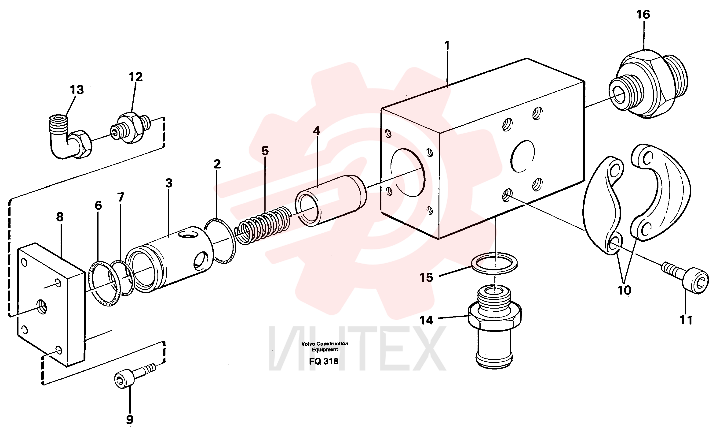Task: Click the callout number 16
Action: tap(643, 15)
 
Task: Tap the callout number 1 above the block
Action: tap(447, 46)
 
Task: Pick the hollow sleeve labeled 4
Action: tap(331, 201)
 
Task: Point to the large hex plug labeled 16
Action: tap(648, 84)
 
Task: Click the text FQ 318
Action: tap(323, 361)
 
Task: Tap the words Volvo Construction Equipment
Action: tap(325, 346)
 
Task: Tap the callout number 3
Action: tap(169, 183)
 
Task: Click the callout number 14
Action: tap(426, 320)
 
